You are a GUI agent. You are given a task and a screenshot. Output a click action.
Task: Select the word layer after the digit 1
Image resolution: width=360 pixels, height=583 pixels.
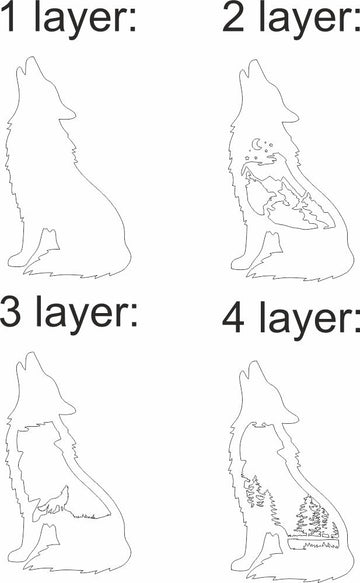pos(84,23)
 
